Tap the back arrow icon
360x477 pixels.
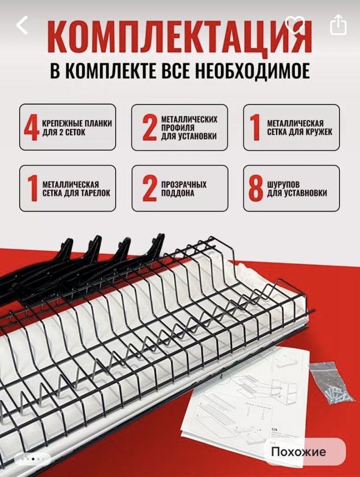click(x=22, y=25)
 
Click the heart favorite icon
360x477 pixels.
click(x=295, y=24)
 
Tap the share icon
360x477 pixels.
click(x=339, y=24)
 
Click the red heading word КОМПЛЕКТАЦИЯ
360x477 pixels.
click(x=180, y=38)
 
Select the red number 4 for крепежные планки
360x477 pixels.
click(x=32, y=128)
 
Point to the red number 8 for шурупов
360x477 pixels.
click(x=256, y=189)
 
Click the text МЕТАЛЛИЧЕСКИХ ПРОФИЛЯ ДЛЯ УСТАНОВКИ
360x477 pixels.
click(x=189, y=127)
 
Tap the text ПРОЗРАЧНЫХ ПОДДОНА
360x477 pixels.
click(x=183, y=189)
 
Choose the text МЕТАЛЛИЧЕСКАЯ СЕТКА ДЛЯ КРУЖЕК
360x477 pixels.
click(x=300, y=127)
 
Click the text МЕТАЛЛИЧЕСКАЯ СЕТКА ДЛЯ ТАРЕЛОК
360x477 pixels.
click(x=76, y=189)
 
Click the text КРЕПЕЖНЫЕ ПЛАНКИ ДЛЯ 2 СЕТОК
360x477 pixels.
click(x=77, y=128)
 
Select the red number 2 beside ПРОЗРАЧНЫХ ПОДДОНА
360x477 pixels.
click(x=150, y=189)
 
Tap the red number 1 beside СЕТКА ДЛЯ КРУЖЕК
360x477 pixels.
click(x=255, y=128)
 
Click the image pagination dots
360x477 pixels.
click(x=33, y=459)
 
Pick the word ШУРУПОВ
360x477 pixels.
click(x=283, y=185)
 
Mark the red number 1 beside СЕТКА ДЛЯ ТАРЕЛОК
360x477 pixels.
click(x=32, y=189)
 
